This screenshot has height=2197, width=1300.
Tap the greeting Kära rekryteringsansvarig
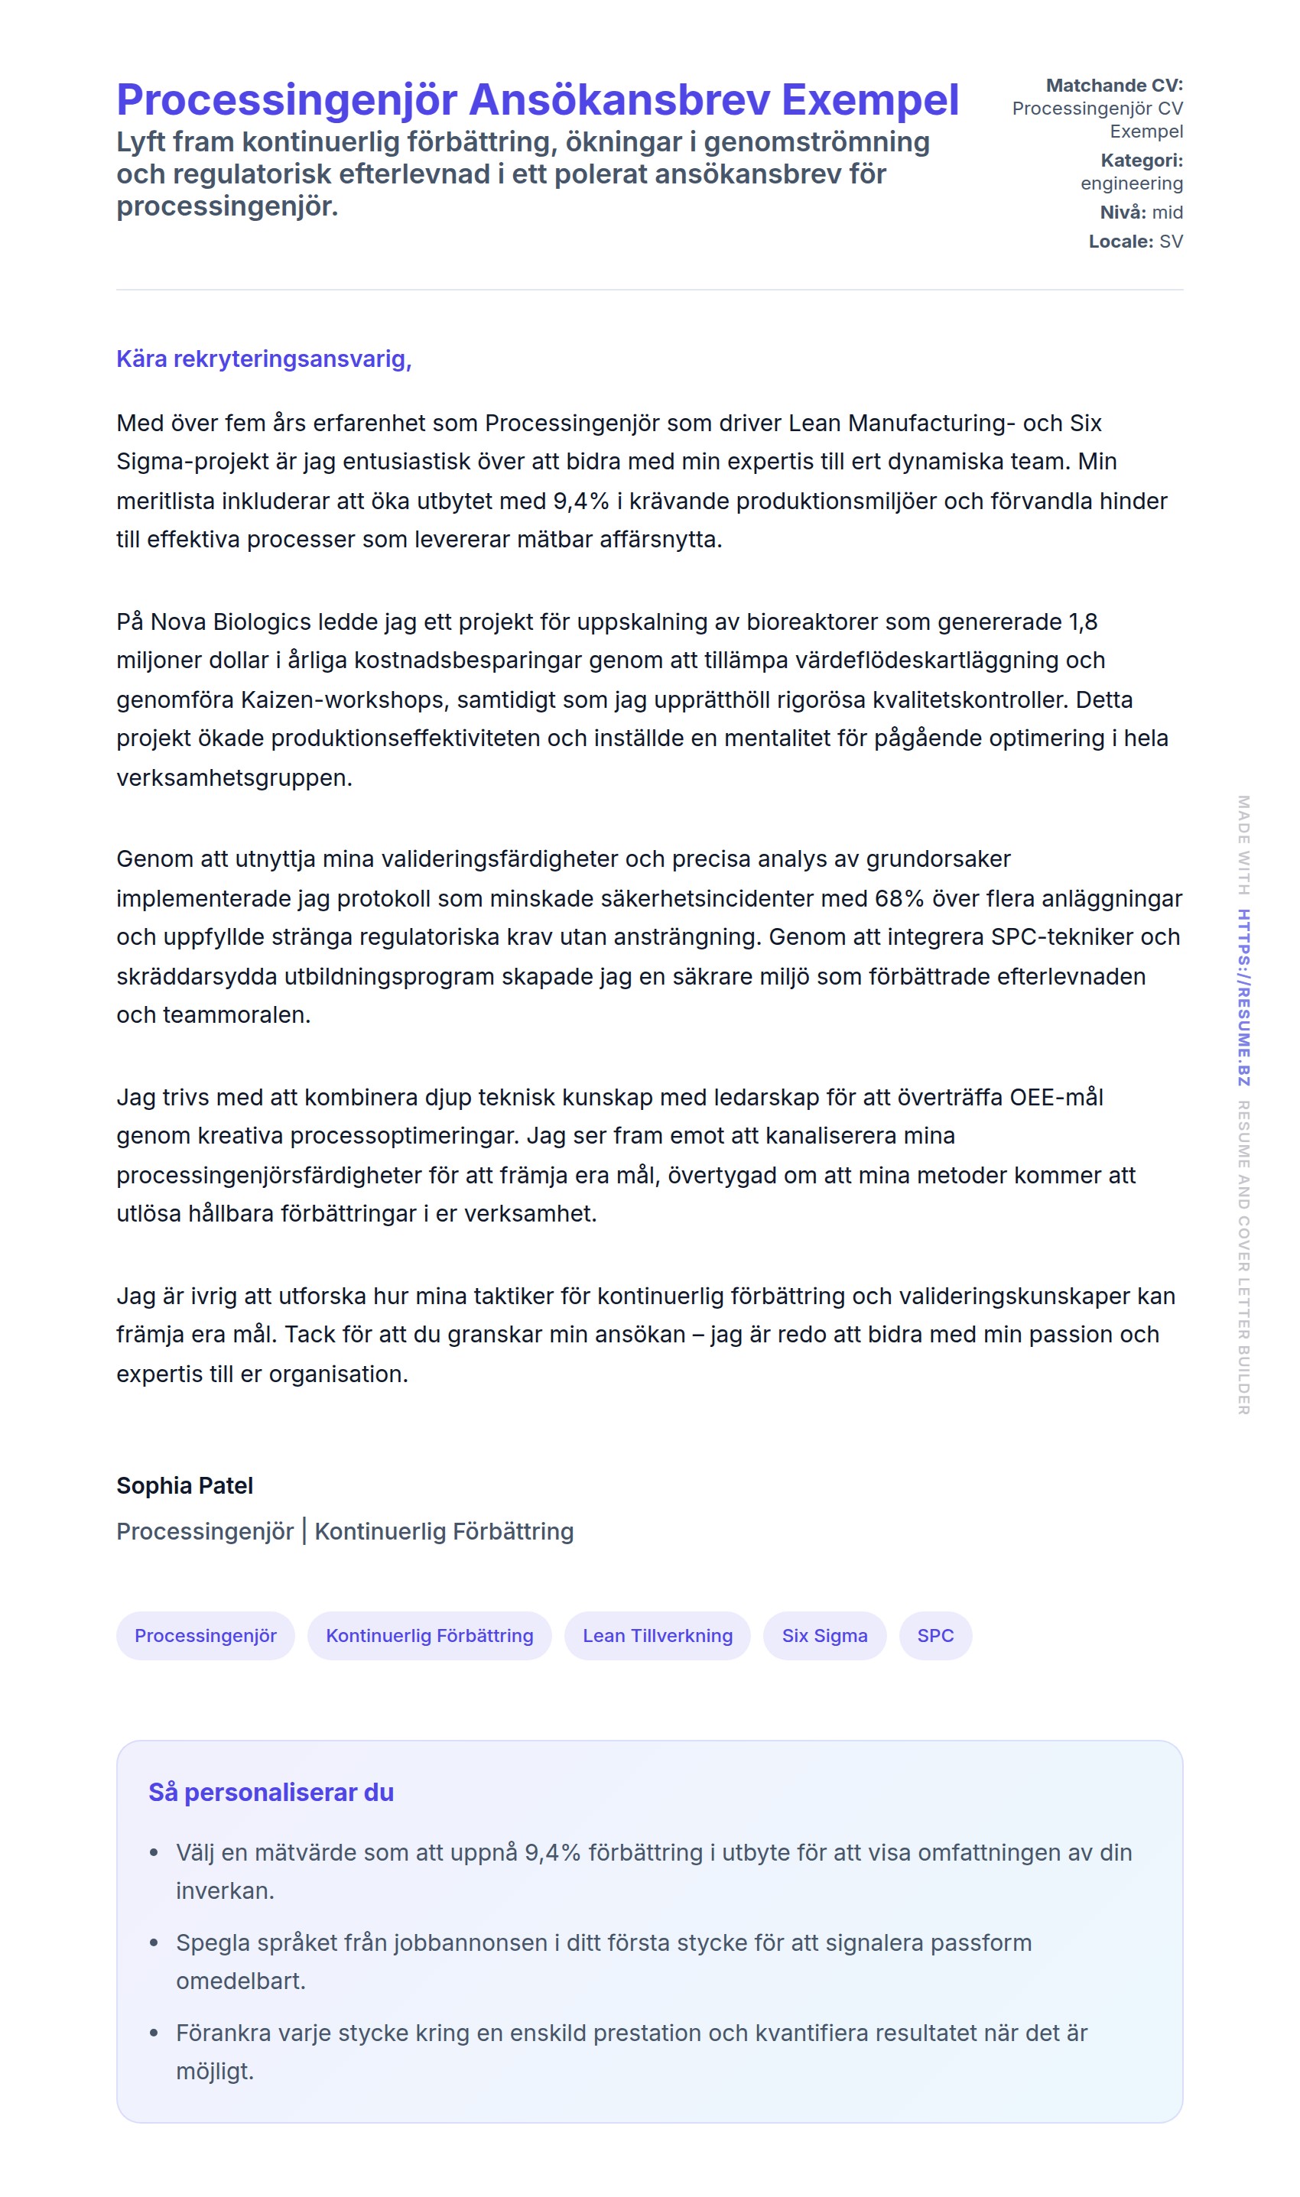point(264,359)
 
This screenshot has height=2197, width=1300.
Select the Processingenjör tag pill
point(205,1636)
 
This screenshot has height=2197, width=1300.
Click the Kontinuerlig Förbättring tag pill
point(429,1636)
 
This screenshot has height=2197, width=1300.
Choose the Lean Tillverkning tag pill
point(657,1636)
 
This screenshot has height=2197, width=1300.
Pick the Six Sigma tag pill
point(824,1636)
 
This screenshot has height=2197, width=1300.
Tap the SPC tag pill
point(934,1636)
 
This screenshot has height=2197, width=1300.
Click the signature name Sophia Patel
point(185,1486)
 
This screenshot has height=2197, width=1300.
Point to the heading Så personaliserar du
point(271,1793)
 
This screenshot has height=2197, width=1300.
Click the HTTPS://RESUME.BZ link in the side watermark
point(1243,998)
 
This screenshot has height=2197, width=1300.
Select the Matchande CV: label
point(1113,86)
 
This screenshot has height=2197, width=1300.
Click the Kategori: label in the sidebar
point(1142,161)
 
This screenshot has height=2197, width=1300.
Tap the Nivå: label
point(1122,213)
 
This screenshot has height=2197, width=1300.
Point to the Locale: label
point(1120,242)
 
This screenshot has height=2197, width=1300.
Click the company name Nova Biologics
point(230,621)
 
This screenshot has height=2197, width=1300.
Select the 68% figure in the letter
point(899,898)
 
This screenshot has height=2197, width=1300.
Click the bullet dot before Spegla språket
point(154,1943)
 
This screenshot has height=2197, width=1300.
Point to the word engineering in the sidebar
point(1131,184)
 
